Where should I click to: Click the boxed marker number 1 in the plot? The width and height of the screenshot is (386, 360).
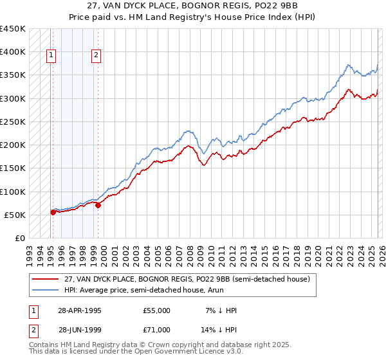(x=51, y=56)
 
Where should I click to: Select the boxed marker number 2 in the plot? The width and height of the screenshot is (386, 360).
(x=96, y=56)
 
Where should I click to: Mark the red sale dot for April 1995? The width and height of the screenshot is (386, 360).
(x=53, y=212)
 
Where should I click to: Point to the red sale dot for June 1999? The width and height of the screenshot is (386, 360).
(x=98, y=205)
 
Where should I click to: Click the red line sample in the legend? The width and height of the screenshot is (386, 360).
(x=46, y=279)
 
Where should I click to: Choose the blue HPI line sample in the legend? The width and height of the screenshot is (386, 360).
(x=46, y=290)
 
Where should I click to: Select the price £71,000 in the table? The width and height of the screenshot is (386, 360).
(x=157, y=329)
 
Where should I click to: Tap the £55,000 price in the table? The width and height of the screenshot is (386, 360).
(x=157, y=310)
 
